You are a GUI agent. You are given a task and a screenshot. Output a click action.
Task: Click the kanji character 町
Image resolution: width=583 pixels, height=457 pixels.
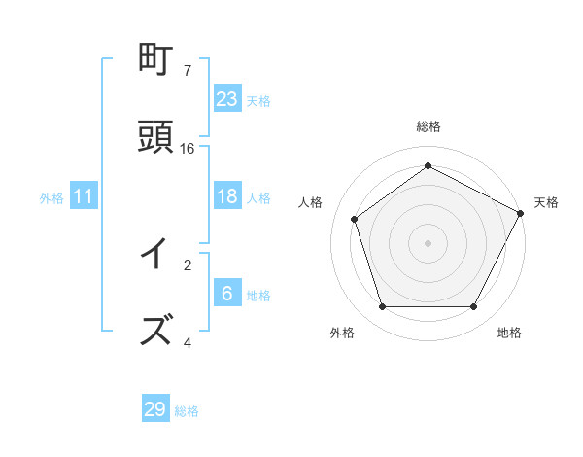pos(156,60)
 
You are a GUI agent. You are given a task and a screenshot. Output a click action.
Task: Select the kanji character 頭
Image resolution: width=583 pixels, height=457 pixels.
pos(156,137)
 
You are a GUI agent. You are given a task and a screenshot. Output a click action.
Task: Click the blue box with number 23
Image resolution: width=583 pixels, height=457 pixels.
pos(227,98)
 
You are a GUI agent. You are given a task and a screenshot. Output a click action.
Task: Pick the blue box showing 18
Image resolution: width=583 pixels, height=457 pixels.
pos(227,196)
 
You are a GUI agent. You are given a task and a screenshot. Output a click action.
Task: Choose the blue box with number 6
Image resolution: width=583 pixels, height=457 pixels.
pos(227,294)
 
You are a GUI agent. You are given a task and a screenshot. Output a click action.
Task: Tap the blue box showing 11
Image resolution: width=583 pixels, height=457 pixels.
pos(83,196)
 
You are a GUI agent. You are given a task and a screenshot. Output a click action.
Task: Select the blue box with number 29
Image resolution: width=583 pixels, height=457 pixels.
pos(155,409)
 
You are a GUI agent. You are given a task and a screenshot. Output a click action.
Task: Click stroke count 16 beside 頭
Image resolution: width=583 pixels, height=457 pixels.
pos(188,148)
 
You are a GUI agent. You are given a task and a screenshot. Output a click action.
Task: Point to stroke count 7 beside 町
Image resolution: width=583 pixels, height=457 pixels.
pos(188,70)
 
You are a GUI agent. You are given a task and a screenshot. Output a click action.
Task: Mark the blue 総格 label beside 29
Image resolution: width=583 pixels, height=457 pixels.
pos(187,411)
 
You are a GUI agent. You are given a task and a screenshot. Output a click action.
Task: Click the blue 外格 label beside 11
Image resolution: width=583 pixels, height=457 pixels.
pos(51,198)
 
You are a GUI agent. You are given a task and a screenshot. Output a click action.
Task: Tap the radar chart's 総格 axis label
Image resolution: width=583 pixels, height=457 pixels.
pos(428,126)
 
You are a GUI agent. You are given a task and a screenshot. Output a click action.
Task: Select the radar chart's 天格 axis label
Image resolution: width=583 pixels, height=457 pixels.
pos(546,202)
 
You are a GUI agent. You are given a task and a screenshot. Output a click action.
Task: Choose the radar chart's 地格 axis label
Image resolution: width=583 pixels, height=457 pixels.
pos(509,333)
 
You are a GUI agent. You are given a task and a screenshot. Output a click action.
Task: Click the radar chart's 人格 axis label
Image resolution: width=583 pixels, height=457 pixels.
pos(311,202)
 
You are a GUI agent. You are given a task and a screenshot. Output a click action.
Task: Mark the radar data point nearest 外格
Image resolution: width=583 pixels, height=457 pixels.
pos(382,307)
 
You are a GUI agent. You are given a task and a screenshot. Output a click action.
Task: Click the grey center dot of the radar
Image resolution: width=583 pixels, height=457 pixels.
pos(428,242)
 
